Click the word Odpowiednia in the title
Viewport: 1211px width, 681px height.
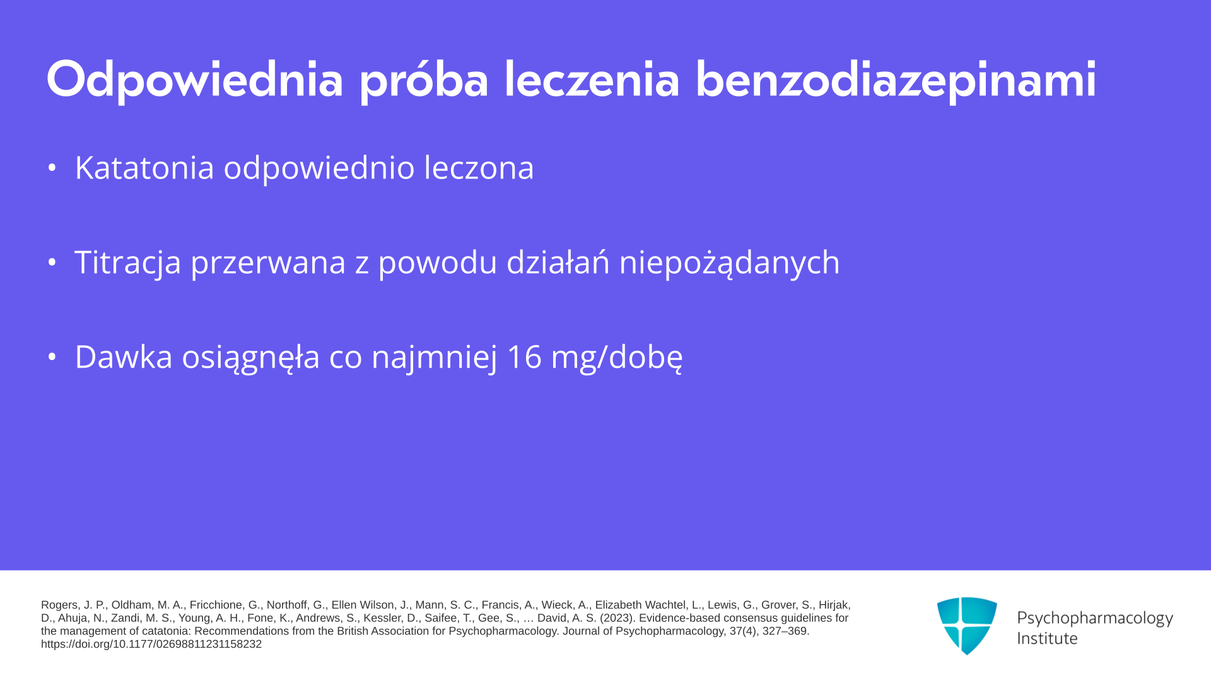point(195,80)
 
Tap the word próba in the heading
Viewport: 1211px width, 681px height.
point(424,80)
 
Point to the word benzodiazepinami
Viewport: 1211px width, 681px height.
point(896,80)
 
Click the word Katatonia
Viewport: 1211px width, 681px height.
point(144,168)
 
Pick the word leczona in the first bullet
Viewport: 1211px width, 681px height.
point(479,168)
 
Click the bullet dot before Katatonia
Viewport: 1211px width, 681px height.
point(52,168)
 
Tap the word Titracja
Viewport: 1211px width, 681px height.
point(127,262)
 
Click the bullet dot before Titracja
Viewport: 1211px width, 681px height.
point(52,262)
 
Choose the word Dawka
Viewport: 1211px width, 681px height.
point(124,357)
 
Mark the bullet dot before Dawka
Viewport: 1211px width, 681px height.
point(52,357)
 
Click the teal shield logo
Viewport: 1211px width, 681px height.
point(967,626)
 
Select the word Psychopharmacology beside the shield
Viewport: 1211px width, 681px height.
point(1095,619)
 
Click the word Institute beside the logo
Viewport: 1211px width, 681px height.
point(1048,639)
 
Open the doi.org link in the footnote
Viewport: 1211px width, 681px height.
point(151,644)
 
